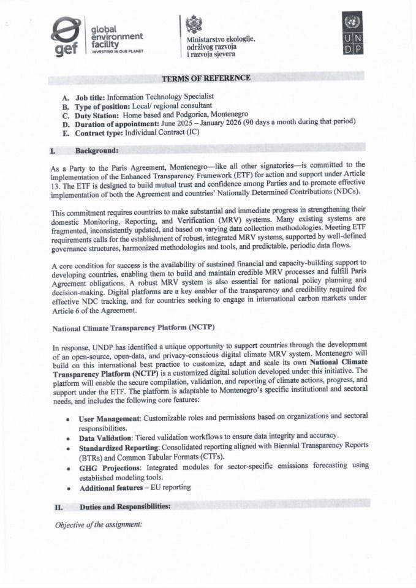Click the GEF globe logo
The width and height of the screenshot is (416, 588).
click(x=66, y=37)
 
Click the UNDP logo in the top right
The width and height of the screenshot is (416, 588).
click(x=352, y=34)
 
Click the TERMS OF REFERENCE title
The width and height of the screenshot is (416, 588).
click(x=206, y=78)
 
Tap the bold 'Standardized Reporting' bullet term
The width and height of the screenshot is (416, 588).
click(x=122, y=448)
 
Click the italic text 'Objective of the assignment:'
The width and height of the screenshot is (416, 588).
click(x=99, y=524)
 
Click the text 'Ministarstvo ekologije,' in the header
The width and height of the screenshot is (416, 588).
click(x=221, y=39)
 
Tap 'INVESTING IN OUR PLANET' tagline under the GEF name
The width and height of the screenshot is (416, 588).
click(x=117, y=52)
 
